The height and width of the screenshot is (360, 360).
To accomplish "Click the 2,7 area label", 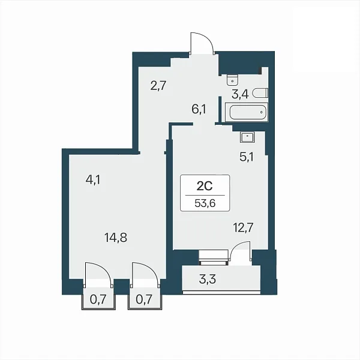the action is click(x=158, y=86).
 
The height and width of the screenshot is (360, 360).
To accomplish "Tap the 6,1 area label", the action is click(x=199, y=109).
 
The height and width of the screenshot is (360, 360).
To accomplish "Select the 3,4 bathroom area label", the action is click(x=240, y=94).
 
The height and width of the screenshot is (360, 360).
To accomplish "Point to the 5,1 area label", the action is click(x=247, y=157).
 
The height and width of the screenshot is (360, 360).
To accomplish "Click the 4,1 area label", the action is click(x=93, y=180).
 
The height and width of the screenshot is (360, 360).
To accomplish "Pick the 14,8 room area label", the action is click(x=116, y=237).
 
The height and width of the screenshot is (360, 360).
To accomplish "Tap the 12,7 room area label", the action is click(x=243, y=228).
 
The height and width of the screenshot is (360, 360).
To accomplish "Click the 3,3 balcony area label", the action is click(x=208, y=280).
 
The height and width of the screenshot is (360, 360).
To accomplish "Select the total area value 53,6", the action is click(x=205, y=203).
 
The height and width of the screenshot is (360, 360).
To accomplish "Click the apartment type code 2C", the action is click(x=205, y=187).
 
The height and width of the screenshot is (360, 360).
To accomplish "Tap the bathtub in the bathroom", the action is click(x=247, y=112).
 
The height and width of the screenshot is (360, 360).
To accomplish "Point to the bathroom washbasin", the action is click(x=232, y=80).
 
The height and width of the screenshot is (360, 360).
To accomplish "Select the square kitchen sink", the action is click(x=248, y=137).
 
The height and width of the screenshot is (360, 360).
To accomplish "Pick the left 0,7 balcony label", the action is click(x=98, y=299).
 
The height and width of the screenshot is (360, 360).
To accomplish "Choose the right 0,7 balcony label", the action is click(x=144, y=299).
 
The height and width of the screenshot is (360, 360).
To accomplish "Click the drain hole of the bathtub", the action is click(x=261, y=112).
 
